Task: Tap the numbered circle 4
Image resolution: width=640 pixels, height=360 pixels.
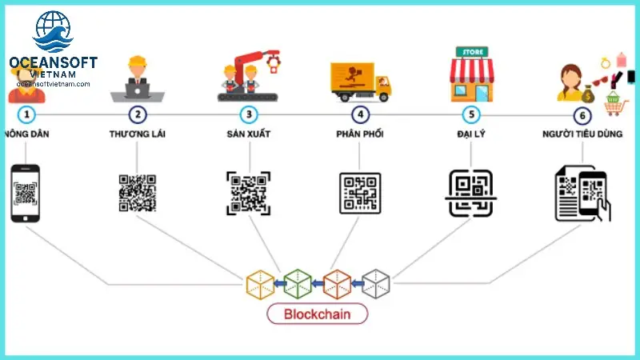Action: [x=361, y=114]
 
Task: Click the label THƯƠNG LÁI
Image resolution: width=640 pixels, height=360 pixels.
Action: [x=138, y=134]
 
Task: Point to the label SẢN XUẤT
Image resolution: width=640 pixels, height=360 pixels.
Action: [x=249, y=134]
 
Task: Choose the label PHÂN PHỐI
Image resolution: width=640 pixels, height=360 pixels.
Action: [x=361, y=134]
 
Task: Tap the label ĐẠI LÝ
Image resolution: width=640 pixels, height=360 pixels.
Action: [x=471, y=134]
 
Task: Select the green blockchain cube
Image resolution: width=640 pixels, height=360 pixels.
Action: [x=298, y=283]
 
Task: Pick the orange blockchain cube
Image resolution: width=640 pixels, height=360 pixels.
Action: [x=337, y=283]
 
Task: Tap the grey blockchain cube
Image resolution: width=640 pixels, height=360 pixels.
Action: [x=375, y=283]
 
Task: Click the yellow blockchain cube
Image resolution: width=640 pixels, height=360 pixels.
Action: [x=260, y=283]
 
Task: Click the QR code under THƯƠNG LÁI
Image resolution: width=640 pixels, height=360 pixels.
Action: [x=138, y=193]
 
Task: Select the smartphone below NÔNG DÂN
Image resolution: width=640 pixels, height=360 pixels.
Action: [x=26, y=193]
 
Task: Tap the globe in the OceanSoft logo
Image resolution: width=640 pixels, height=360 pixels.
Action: [x=53, y=30]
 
